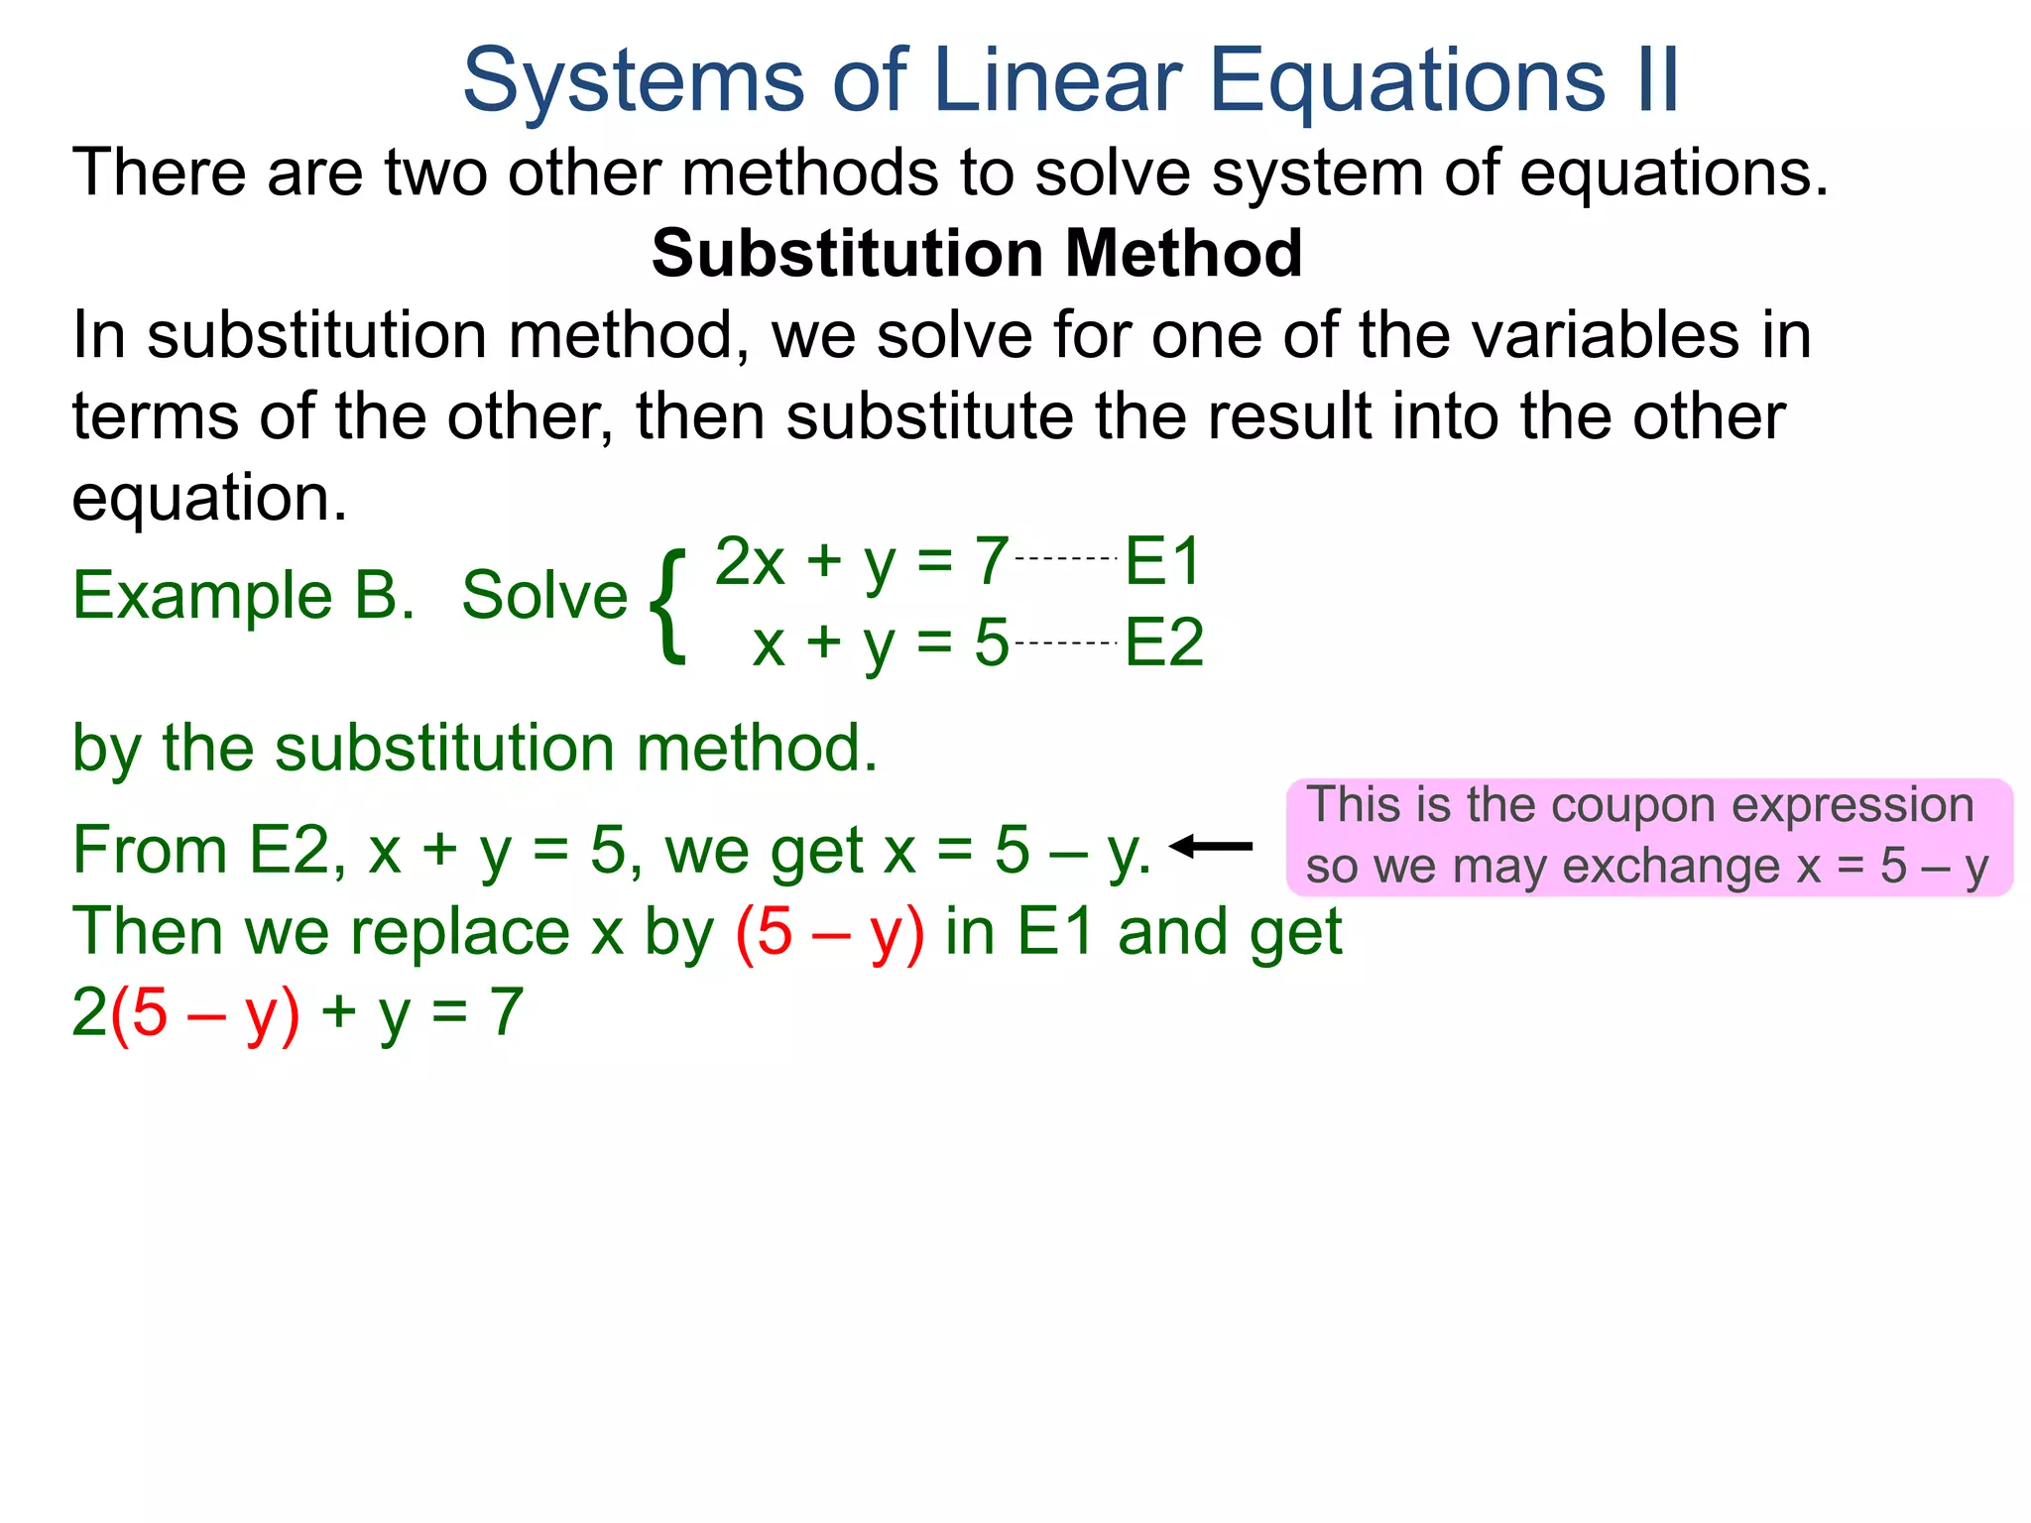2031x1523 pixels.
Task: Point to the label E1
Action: pyautogui.click(x=1162, y=561)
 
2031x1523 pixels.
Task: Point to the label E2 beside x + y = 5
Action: pyautogui.click(x=1163, y=643)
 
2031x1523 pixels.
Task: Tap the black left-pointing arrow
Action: pyautogui.click(x=1211, y=847)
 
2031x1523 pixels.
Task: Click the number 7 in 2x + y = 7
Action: pyautogui.click(x=991, y=561)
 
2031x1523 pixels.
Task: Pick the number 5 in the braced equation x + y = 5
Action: pyautogui.click(x=991, y=643)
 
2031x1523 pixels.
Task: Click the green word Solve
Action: pyautogui.click(x=544, y=596)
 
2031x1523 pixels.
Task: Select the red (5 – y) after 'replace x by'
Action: pyautogui.click(x=830, y=932)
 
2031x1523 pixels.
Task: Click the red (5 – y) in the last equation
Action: pyautogui.click(x=204, y=1013)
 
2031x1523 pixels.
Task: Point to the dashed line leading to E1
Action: pyautogui.click(x=1067, y=559)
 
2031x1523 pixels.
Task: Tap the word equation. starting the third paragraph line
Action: pyautogui.click(x=209, y=497)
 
